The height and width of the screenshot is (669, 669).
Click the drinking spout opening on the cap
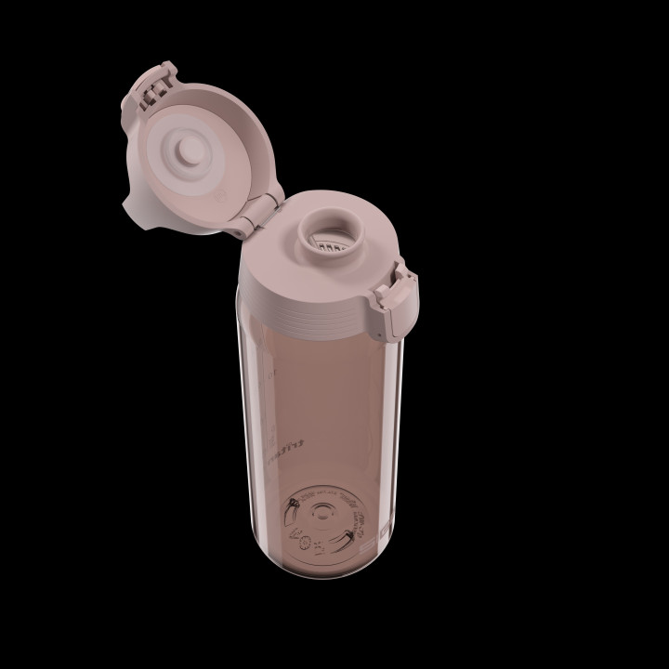(x=325, y=229)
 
